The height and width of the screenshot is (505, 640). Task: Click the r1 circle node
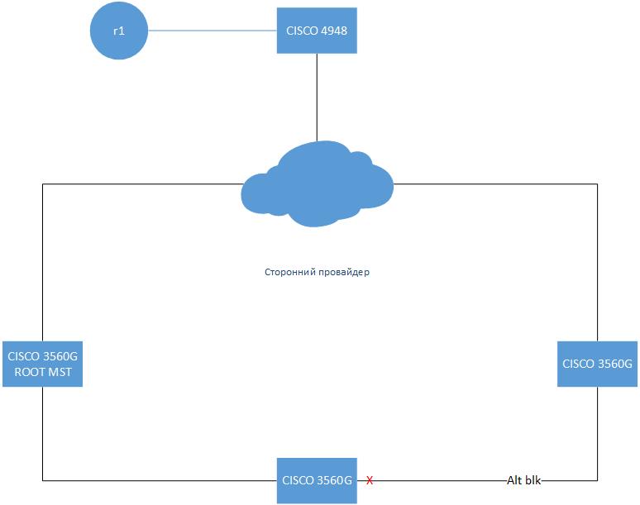tap(118, 31)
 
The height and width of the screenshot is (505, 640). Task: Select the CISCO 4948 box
tap(317, 31)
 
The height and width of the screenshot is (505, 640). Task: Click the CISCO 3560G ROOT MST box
tap(43, 364)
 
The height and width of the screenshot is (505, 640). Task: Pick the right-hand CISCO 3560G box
tap(597, 364)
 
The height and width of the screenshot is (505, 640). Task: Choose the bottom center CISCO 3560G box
tap(317, 479)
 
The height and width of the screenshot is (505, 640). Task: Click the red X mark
tap(370, 480)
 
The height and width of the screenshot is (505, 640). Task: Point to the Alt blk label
tap(523, 479)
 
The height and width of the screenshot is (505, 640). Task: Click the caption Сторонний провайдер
tap(317, 271)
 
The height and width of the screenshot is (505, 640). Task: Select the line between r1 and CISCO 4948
tap(211, 31)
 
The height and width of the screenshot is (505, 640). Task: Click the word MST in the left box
tap(60, 372)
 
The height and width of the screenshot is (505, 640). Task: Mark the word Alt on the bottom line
tap(513, 479)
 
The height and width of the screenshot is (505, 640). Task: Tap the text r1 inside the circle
tap(118, 31)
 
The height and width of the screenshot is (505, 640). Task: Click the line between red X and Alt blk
tap(438, 479)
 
